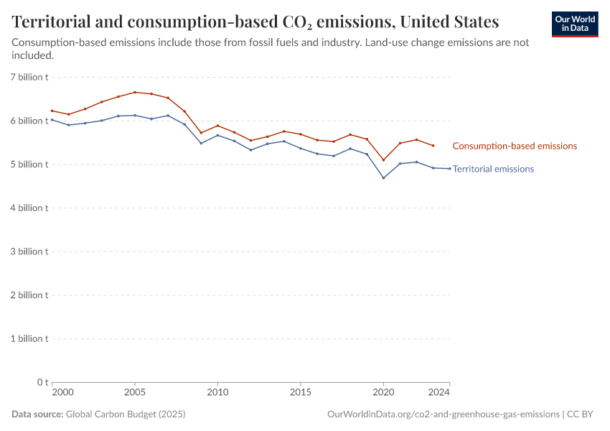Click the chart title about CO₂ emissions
(255, 21)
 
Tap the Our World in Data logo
(574, 24)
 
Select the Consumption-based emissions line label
(515, 146)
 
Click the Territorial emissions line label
(493, 169)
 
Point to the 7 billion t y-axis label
(29, 77)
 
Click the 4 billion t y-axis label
(29, 208)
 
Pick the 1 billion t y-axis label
(29, 338)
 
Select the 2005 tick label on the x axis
(135, 393)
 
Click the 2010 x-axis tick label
(217, 393)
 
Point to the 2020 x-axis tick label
(383, 393)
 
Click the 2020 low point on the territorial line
(383, 178)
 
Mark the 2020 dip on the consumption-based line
(383, 160)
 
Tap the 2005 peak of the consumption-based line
(135, 92)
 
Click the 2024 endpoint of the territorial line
(449, 169)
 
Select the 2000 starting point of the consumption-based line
(52, 111)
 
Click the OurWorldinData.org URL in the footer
(443, 414)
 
